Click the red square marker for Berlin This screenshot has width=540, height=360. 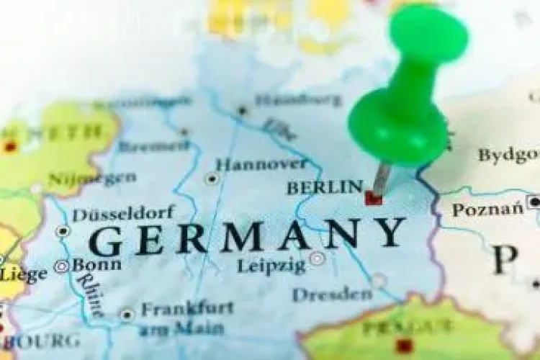pyautogui.click(x=373, y=197)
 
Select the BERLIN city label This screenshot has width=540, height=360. pyautogui.click(x=324, y=187)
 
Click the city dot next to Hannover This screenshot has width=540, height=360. pyautogui.click(x=212, y=178)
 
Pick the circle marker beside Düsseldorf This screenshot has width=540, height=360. pyautogui.click(x=63, y=231)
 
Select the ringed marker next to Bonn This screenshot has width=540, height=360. pyautogui.click(x=62, y=266)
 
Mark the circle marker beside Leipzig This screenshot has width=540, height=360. pyautogui.click(x=317, y=258)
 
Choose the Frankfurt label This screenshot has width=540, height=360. pyautogui.click(x=186, y=308)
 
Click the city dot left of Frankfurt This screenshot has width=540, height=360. pyautogui.click(x=127, y=314)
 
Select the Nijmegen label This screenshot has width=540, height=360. pyautogui.click(x=91, y=178)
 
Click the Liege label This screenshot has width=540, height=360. pyautogui.click(x=24, y=274)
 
